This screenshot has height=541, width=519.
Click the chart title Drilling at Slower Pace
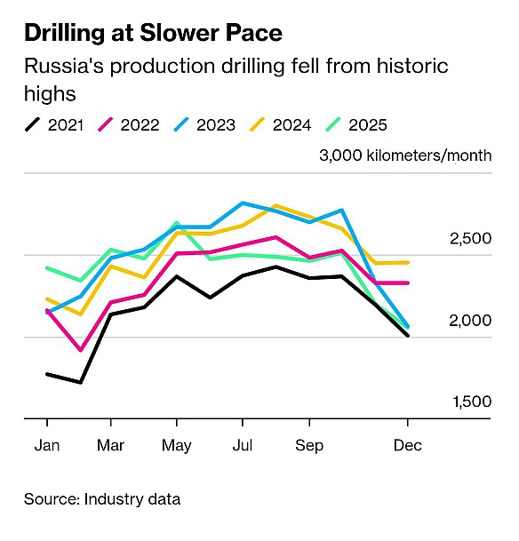[x=153, y=34]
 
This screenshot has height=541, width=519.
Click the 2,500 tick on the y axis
[x=471, y=239]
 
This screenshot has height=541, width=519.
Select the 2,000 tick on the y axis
[x=471, y=321]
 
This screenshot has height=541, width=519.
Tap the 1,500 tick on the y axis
[x=471, y=402]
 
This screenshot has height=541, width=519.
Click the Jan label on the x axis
[x=45, y=444]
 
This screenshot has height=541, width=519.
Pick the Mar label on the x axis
[x=110, y=444]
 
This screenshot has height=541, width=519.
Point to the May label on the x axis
[x=177, y=444]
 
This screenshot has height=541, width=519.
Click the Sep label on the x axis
[x=309, y=444]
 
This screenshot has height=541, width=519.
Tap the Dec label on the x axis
[x=408, y=444]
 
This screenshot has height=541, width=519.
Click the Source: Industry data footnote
[x=102, y=499]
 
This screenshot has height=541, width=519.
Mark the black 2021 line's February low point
[x=80, y=383]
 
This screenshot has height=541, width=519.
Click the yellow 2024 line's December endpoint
[x=408, y=262]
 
